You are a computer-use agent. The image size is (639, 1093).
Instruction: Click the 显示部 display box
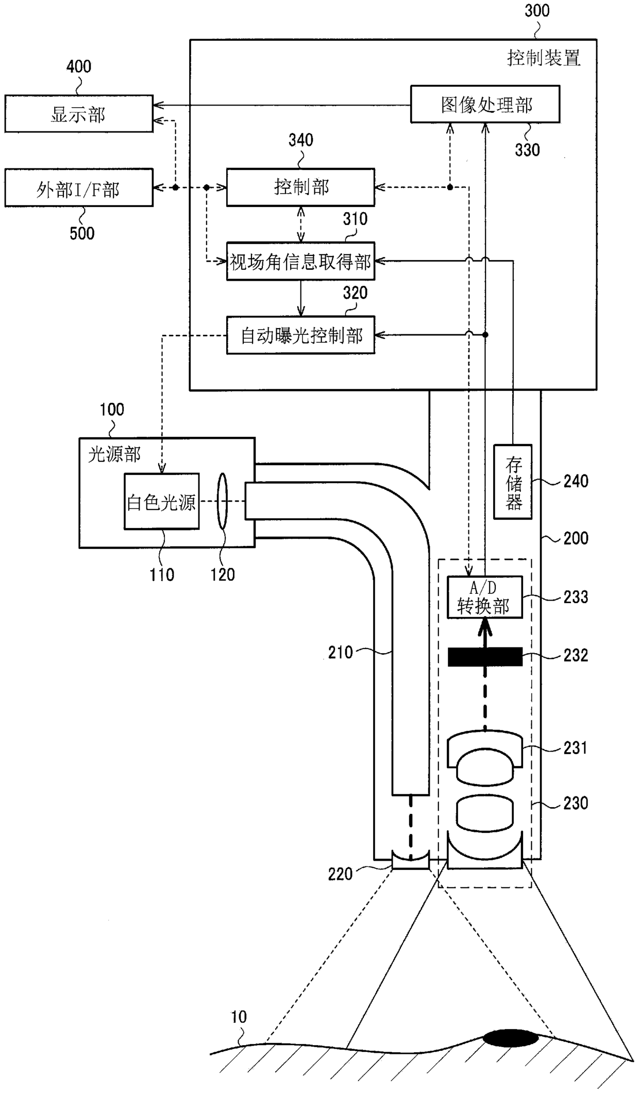pos(79,114)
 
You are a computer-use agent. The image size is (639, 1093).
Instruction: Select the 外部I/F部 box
pos(79,188)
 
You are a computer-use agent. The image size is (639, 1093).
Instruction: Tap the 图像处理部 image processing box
pos(485,104)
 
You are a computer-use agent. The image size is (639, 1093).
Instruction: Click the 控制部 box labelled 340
pos(300,187)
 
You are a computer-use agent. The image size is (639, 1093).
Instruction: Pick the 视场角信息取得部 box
pos(300,261)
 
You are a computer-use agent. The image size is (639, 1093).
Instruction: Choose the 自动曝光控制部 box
pos(300,335)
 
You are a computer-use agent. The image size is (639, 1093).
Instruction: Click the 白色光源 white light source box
pos(162,501)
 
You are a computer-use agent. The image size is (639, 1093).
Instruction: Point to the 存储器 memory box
pos(513,482)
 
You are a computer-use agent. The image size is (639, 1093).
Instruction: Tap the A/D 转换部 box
pos(484,597)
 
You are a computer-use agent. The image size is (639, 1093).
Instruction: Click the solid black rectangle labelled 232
pos(485,657)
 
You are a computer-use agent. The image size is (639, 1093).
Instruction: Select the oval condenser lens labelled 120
pos(223,501)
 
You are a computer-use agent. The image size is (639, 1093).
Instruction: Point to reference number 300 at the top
pos(537,11)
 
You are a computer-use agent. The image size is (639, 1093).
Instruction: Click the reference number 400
pos(79,66)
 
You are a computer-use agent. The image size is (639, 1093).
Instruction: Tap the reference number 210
pos(341,653)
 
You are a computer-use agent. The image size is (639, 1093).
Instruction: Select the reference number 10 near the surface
pos(239,1017)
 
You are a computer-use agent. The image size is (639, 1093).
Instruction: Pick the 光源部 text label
pos(114,454)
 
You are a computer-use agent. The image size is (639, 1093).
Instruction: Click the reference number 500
pos(82,233)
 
